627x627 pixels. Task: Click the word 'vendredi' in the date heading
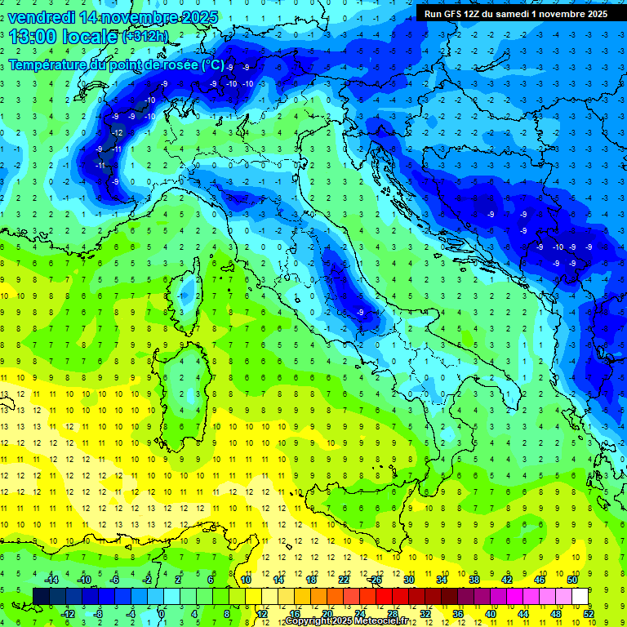42,17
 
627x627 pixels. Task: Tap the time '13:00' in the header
36,37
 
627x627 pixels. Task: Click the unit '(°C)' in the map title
208,64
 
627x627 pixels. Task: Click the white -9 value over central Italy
360,312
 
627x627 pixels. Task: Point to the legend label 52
589,614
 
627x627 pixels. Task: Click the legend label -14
51,579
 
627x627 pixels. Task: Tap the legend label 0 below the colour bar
162,614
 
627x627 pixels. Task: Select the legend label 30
409,579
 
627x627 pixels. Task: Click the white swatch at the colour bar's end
580,596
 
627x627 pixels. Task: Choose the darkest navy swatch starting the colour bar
42,596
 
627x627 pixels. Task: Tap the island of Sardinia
184,388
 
